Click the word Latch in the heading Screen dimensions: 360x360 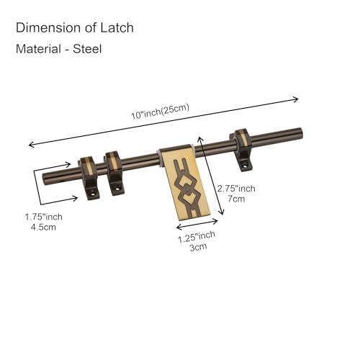117,27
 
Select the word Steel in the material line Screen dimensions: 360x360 87,49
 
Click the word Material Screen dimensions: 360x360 38,49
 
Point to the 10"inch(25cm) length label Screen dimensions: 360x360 160,112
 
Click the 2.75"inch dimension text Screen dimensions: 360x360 236,189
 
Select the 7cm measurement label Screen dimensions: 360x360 236,199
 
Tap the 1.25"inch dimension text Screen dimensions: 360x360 197,237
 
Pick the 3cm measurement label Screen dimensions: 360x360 198,247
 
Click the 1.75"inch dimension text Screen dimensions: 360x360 44,217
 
